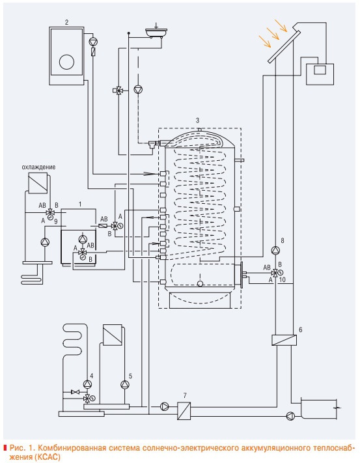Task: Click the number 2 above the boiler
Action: [66, 22]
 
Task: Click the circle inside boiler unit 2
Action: [66, 62]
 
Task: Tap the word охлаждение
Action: [38, 167]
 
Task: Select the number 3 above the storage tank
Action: [197, 120]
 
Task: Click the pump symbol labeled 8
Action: [275, 251]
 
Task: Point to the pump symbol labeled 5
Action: [125, 384]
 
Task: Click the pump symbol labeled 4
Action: [87, 384]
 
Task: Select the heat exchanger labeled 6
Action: [284, 340]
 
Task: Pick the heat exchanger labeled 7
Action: [184, 411]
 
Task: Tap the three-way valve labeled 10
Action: [275, 273]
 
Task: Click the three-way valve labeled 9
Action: [51, 212]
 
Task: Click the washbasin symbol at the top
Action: [156, 32]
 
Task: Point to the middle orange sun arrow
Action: [273, 34]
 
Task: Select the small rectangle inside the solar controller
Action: [320, 70]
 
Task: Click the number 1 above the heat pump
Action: [80, 204]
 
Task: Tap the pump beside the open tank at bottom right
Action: [290, 416]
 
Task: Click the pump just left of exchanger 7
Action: [164, 406]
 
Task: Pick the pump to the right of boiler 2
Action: [93, 42]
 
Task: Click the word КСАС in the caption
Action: [48, 457]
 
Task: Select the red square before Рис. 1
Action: [5, 447]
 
